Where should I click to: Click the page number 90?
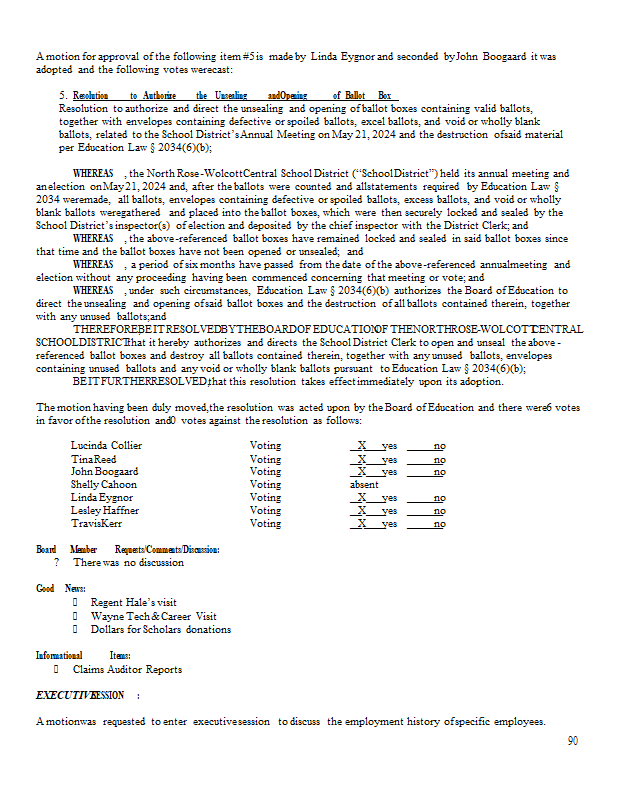click(x=572, y=741)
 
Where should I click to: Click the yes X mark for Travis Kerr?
click(x=363, y=523)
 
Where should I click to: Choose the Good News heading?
click(x=61, y=588)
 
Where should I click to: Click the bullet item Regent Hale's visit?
click(x=134, y=603)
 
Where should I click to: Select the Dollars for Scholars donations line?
click(x=160, y=629)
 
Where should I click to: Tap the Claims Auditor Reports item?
click(x=127, y=669)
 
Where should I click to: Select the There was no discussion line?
click(x=128, y=562)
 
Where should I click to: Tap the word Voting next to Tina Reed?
click(x=265, y=458)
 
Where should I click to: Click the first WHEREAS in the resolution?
click(x=93, y=174)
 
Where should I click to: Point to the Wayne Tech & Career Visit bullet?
click(x=153, y=616)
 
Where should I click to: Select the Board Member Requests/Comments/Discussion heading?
click(x=128, y=549)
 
